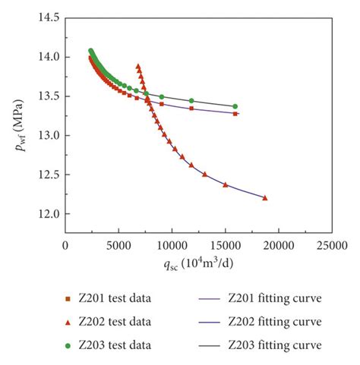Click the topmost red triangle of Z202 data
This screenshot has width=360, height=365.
[x=137, y=66]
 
